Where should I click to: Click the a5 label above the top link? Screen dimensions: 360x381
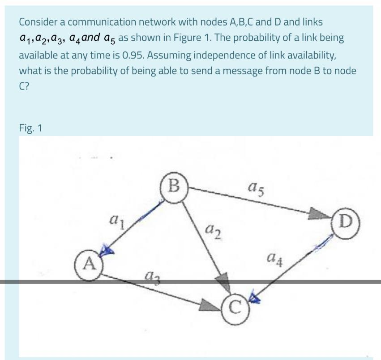(255, 184)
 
